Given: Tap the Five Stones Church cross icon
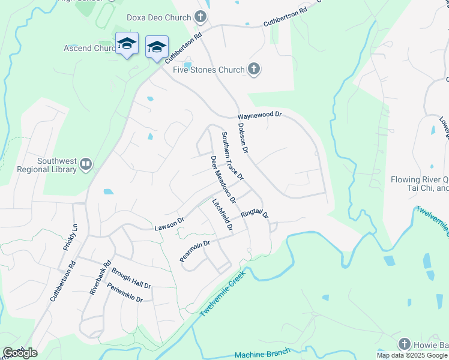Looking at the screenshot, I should click(253, 70).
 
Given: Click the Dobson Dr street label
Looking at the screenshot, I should click(243, 137).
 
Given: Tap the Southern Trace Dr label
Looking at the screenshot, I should click(232, 156).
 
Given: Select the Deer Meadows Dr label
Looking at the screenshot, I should click(223, 178).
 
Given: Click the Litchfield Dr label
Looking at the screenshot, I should click(222, 215).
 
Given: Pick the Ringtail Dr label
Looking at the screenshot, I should click(255, 214).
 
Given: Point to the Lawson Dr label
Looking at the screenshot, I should click(169, 224).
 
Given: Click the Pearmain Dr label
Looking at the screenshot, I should click(194, 251).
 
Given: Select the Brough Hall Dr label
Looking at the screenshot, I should click(131, 278).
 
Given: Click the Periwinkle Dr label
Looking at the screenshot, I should click(124, 292).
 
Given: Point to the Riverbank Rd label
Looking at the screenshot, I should click(100, 277).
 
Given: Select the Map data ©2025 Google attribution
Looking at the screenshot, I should click(412, 355).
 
